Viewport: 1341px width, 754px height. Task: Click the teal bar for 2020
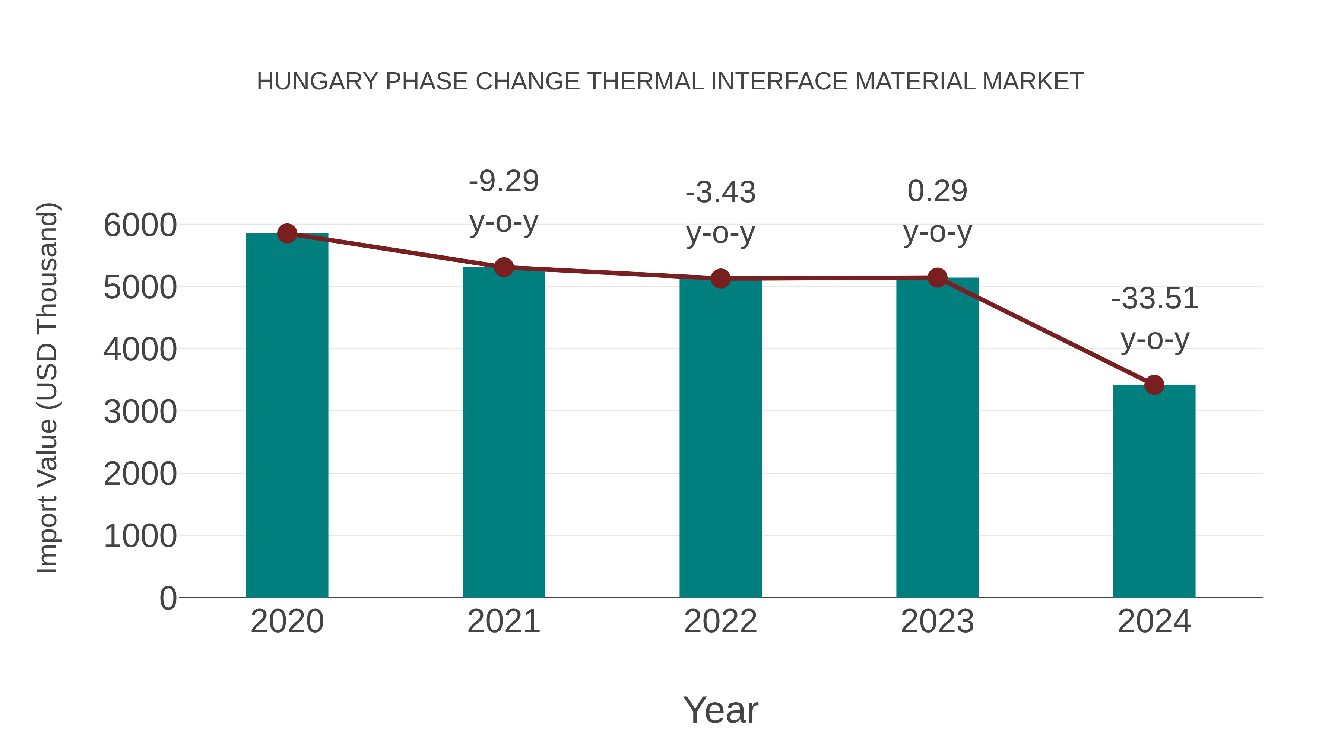pyautogui.click(x=287, y=416)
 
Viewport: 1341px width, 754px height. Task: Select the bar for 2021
pyautogui.click(x=503, y=432)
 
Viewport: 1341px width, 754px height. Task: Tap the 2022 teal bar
pyautogui.click(x=720, y=437)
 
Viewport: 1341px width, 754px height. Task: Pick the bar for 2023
pyautogui.click(x=937, y=437)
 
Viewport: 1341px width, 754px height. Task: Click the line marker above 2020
pyautogui.click(x=287, y=233)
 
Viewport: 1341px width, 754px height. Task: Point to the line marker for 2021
pyautogui.click(x=503, y=267)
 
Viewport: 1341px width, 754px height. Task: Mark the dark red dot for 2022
pyautogui.click(x=720, y=279)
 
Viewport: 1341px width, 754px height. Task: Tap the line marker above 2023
pyautogui.click(x=937, y=278)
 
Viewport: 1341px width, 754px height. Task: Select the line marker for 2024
pyautogui.click(x=1154, y=385)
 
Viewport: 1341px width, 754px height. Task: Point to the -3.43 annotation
pyautogui.click(x=720, y=193)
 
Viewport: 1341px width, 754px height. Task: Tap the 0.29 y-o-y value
pyautogui.click(x=937, y=191)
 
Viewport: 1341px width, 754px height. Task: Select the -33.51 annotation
pyautogui.click(x=1154, y=299)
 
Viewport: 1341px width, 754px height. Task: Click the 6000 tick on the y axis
pyautogui.click(x=140, y=225)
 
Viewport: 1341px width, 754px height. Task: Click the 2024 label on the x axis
pyautogui.click(x=1154, y=621)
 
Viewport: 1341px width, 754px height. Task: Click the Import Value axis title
pyautogui.click(x=47, y=388)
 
